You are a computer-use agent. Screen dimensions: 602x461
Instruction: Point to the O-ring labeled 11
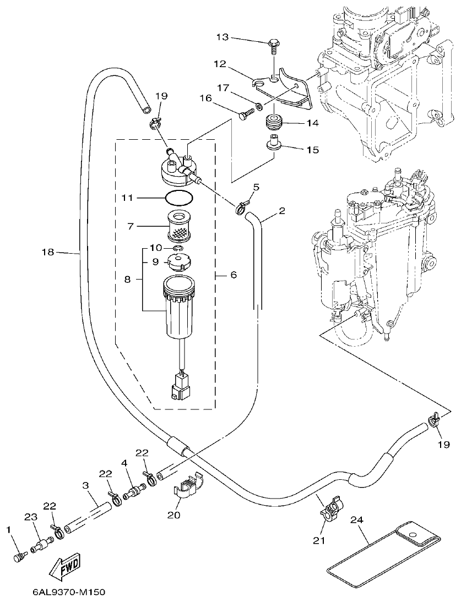pyautogui.click(x=179, y=197)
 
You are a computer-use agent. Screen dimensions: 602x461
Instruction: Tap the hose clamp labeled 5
pyautogui.click(x=240, y=208)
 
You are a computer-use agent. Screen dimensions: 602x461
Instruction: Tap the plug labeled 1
pyautogui.click(x=19, y=557)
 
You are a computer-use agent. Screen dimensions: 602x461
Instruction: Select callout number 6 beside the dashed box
pyautogui.click(x=233, y=274)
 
